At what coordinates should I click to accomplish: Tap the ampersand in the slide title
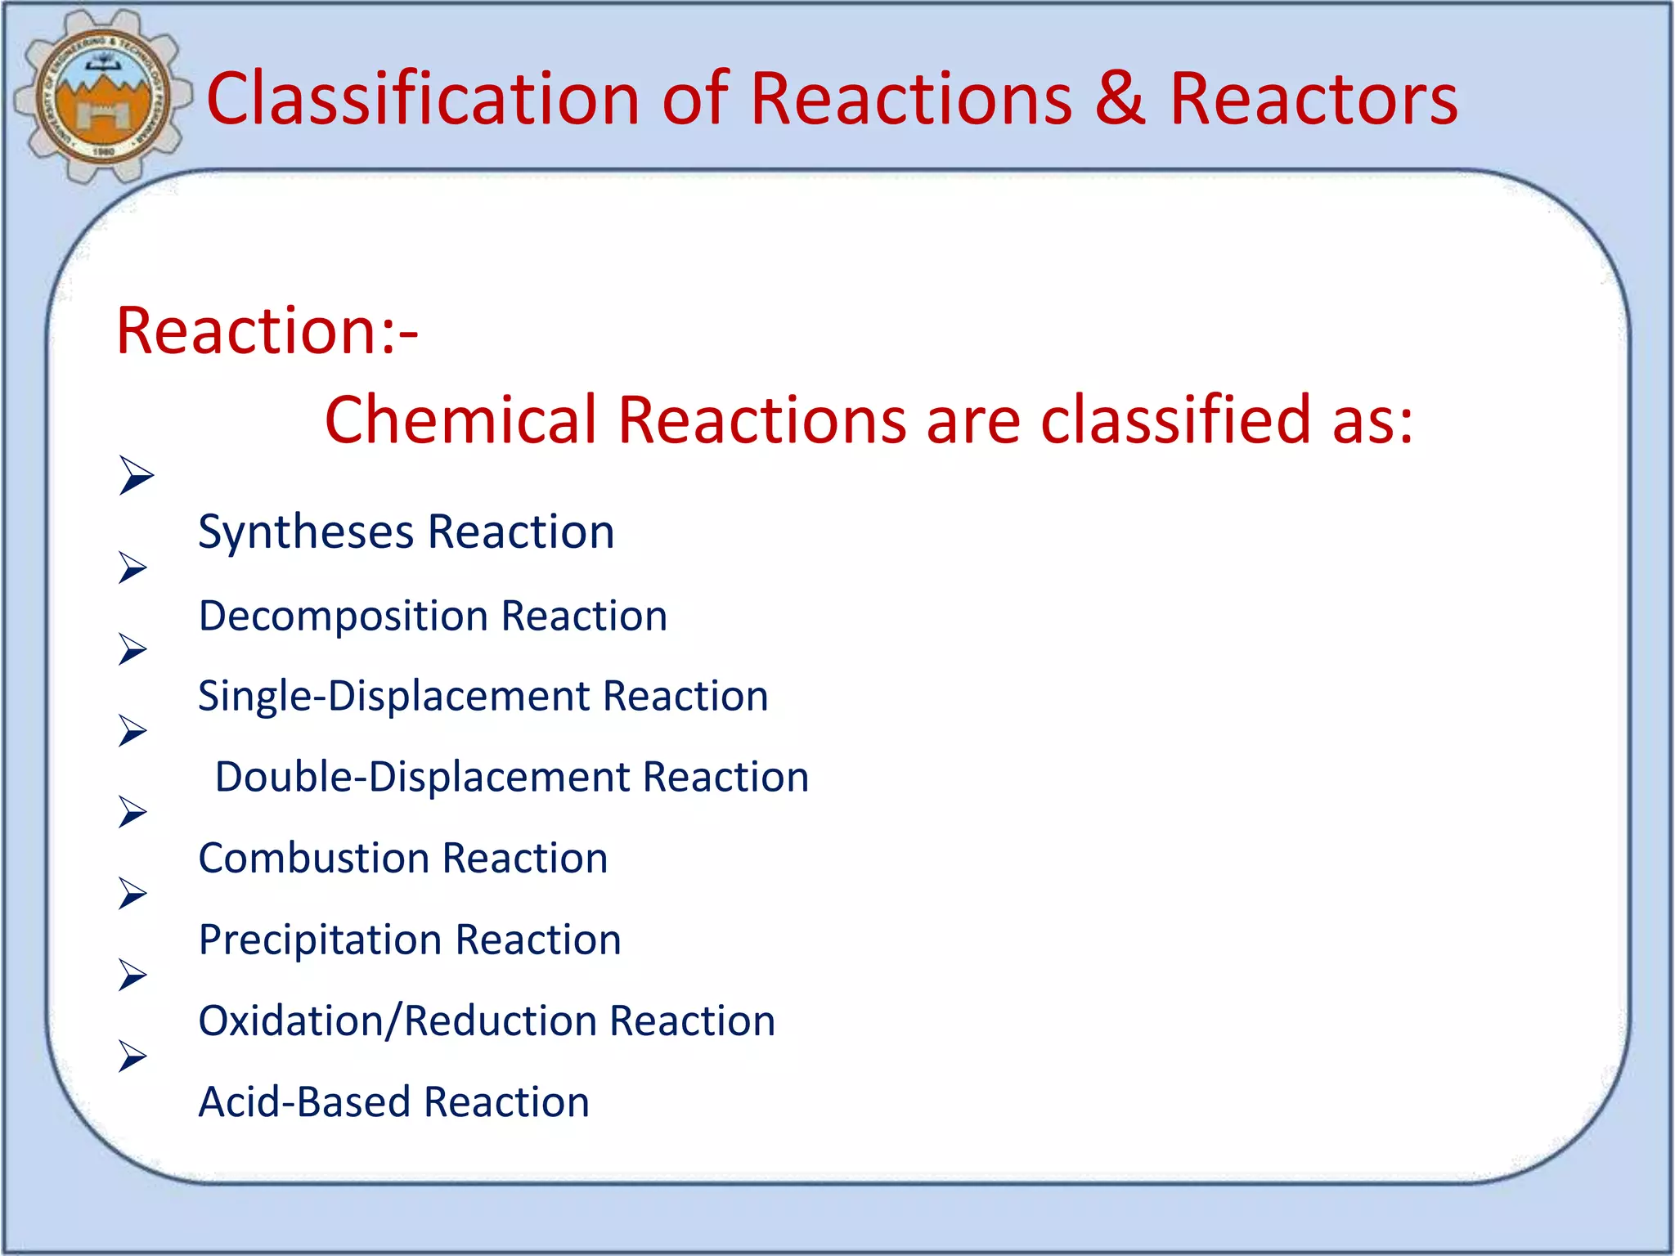(x=1120, y=99)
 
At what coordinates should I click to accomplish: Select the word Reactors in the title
(x=1314, y=99)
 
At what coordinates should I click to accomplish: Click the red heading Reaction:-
(x=267, y=331)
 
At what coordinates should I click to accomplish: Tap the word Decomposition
(x=344, y=617)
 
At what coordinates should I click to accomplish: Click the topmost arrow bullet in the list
(x=135, y=475)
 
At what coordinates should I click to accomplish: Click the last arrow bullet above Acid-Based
(x=132, y=1056)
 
